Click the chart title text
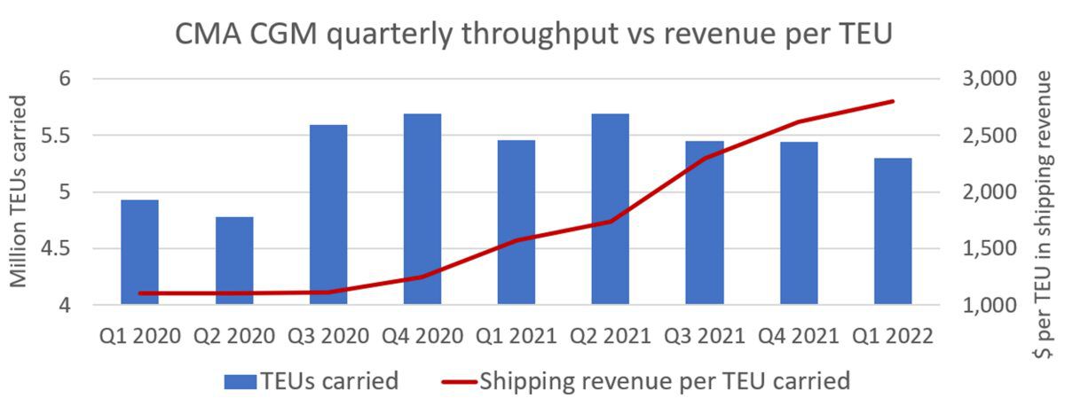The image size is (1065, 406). point(532,36)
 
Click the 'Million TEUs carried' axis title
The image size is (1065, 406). point(19,193)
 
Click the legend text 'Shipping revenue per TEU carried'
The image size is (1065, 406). point(665,381)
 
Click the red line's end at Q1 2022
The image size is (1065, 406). point(893,101)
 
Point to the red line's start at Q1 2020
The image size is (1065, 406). point(140,293)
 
